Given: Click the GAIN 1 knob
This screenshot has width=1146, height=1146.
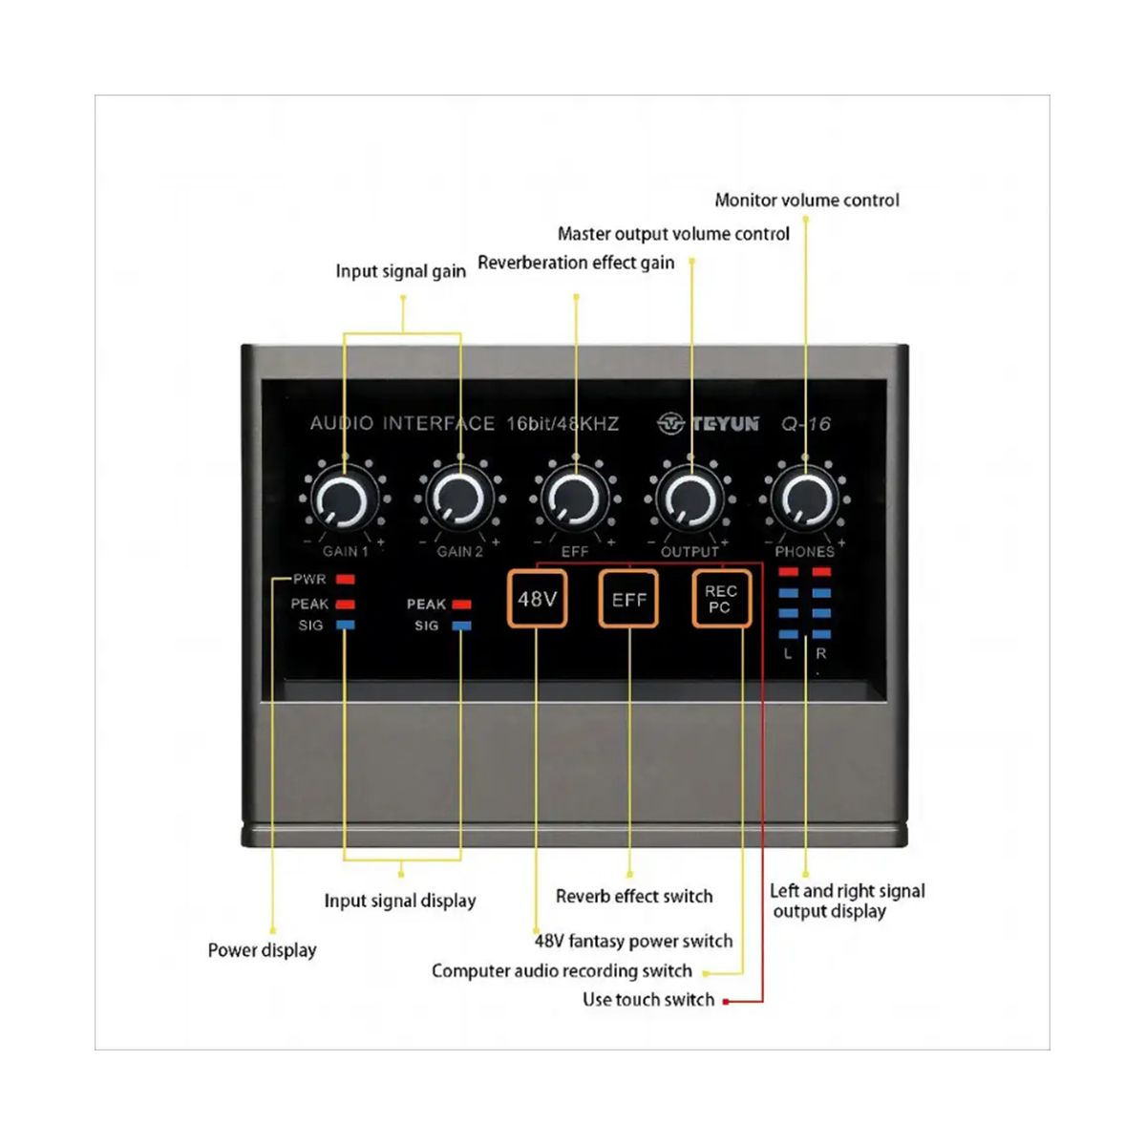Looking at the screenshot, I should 344,499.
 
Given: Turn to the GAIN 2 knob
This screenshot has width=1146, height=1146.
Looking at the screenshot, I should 459,499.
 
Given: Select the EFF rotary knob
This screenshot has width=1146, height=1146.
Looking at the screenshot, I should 575,499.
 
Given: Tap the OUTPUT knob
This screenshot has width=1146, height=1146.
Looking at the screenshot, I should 690,499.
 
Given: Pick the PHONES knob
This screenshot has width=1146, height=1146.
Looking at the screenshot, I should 806,499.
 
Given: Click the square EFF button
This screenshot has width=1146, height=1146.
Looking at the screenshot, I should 628,599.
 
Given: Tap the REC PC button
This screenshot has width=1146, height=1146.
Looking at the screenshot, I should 721,599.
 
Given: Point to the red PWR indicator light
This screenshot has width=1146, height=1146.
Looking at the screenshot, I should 346,580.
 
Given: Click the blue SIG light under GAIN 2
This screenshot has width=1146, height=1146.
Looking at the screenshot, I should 461,626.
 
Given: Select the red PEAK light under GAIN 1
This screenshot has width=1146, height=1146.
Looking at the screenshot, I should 346,604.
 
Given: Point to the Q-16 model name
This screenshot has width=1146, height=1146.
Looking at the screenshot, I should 806,423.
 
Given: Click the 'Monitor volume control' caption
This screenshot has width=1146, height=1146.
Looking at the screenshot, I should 807,201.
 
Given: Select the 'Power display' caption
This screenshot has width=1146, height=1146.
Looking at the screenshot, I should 262,950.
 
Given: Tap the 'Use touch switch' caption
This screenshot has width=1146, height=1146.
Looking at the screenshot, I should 648,1000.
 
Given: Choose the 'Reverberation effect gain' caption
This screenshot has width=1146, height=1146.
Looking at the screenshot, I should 576,263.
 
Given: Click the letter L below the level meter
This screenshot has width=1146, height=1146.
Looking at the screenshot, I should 788,654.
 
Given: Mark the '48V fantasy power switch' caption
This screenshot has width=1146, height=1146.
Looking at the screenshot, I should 633,941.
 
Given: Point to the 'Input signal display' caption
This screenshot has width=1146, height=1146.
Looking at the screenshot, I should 400,901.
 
